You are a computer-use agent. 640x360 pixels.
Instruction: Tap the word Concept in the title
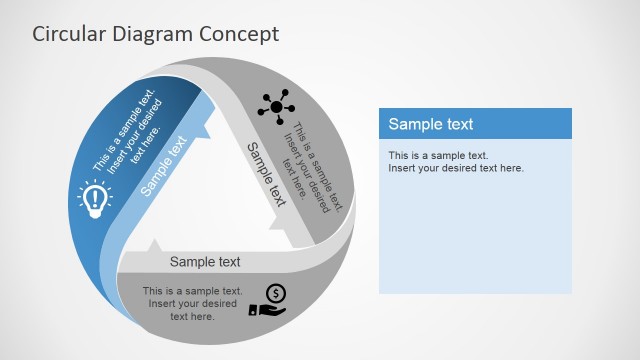[x=241, y=33]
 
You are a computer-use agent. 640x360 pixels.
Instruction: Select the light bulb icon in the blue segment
[x=93, y=199]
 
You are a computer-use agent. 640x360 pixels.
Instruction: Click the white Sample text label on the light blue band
[x=164, y=165]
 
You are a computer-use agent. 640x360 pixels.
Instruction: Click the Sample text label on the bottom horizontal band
[x=205, y=262]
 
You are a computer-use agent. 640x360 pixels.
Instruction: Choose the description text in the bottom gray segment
[x=192, y=303]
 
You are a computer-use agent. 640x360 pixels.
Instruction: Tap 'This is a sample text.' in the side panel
[x=438, y=155]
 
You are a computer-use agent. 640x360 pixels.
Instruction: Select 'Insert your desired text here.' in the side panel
[x=456, y=168]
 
